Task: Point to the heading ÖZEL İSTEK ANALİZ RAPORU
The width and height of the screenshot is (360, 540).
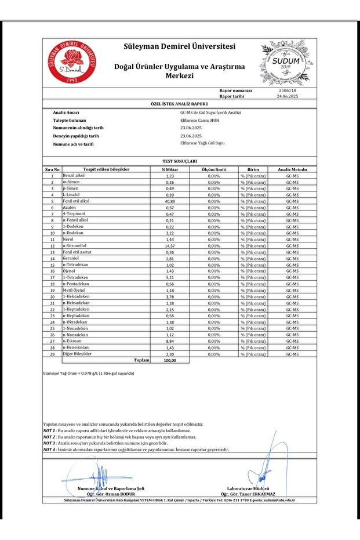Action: (x=179, y=103)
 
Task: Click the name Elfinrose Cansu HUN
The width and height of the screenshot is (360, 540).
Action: (x=202, y=119)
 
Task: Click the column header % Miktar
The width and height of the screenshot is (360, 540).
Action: (x=170, y=169)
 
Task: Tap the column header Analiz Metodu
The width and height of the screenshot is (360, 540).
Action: (x=292, y=169)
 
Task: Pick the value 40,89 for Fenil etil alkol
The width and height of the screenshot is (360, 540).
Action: (x=170, y=201)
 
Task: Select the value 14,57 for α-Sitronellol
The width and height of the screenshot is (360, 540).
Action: (x=170, y=245)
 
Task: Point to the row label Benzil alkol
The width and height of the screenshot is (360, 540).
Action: (x=74, y=175)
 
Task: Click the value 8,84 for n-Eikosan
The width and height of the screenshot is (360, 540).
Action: (x=170, y=341)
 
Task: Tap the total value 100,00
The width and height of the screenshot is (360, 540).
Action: (x=169, y=360)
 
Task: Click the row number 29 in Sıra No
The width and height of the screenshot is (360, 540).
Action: (x=52, y=354)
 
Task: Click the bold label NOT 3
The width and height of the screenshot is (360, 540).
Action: (x=49, y=443)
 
